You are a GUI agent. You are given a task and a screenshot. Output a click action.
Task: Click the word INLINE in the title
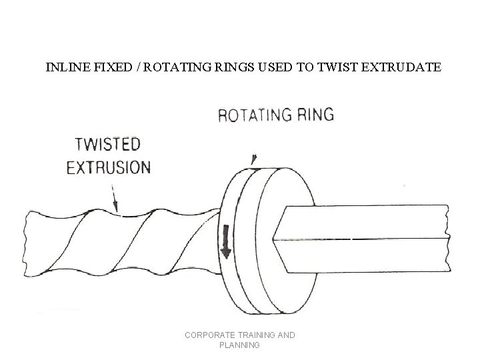(x=63, y=67)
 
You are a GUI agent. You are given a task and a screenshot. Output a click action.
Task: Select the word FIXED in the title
(x=105, y=67)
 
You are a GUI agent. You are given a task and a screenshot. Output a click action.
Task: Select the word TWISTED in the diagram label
(x=108, y=145)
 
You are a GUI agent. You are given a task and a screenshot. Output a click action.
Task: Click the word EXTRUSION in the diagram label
(x=109, y=166)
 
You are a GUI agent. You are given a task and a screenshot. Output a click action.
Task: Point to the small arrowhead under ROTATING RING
(x=253, y=160)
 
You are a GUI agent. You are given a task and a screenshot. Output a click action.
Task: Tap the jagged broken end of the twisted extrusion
(x=28, y=243)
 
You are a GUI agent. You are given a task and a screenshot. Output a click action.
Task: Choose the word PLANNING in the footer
(x=240, y=345)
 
